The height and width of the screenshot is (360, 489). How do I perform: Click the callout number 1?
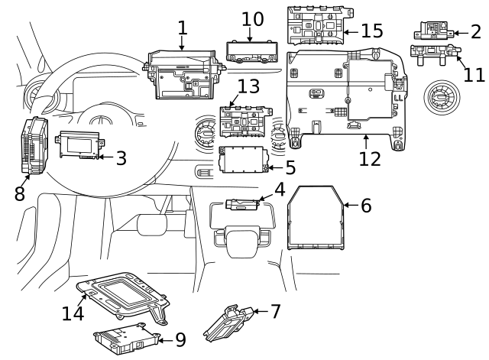click(182, 28)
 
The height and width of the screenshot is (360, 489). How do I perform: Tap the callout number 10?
click(252, 18)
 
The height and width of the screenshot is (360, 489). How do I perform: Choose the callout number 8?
click(19, 194)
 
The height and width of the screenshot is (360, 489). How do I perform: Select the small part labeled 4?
click(244, 203)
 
